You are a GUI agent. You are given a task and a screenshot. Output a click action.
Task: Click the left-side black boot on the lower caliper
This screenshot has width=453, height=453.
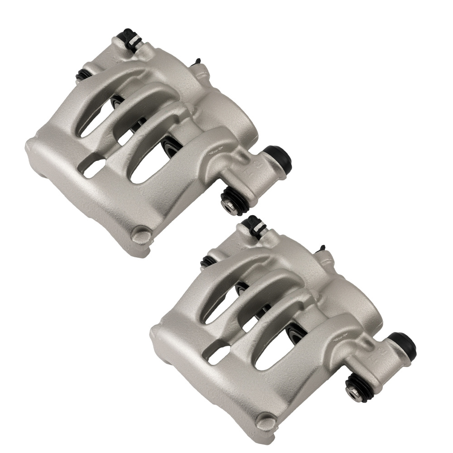[x=207, y=261]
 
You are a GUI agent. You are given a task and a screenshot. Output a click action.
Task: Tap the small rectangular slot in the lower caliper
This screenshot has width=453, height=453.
[x=218, y=355]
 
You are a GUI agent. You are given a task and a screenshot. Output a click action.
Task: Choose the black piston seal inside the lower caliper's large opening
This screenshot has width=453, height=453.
[x=294, y=333]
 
